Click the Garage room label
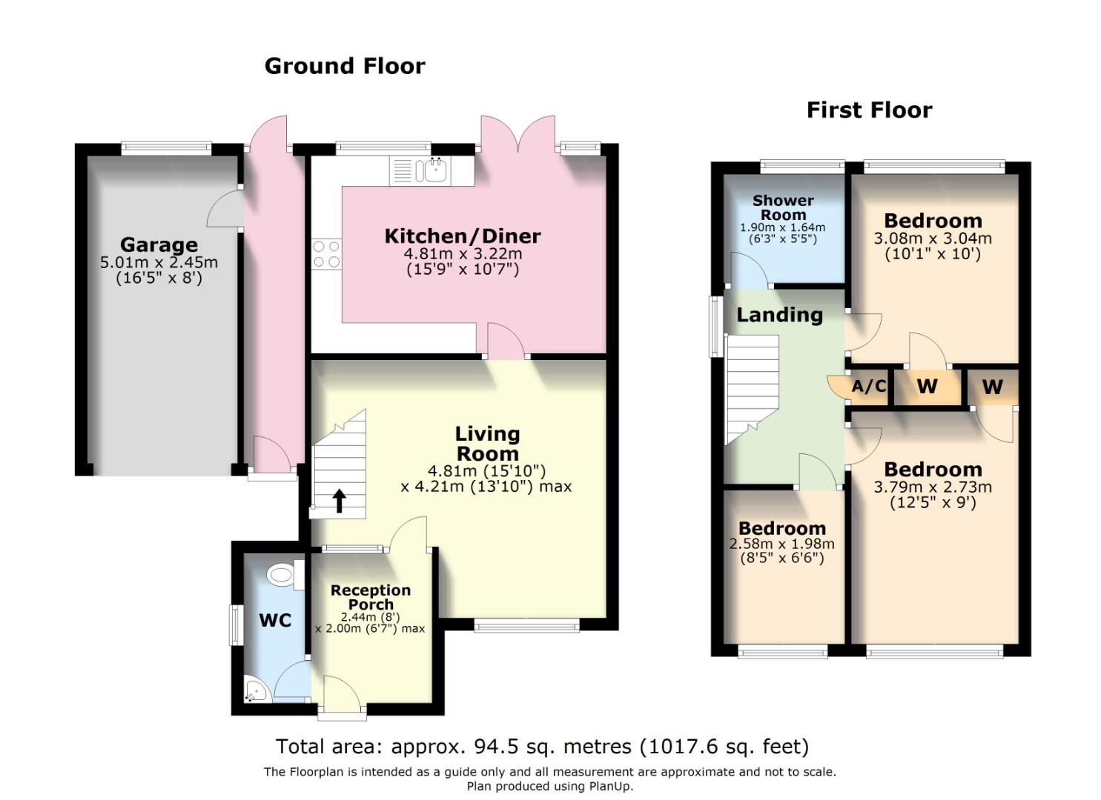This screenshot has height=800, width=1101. [159, 245]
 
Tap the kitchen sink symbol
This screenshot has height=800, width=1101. [432, 170]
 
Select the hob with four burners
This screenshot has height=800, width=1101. [326, 254]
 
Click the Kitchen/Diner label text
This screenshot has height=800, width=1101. [463, 236]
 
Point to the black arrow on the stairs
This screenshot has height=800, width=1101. [339, 501]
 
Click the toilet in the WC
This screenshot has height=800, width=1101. [282, 574]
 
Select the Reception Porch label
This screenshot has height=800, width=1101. [371, 597]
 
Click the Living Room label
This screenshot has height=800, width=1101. [487, 444]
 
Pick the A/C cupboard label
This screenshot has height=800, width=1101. [869, 386]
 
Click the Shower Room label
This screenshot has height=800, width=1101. [783, 207]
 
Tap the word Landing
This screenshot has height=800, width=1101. [779, 316]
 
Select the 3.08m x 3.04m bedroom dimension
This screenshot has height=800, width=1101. [933, 239]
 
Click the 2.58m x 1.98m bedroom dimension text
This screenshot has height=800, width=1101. [782, 544]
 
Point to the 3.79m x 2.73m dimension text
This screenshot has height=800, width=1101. [933, 487]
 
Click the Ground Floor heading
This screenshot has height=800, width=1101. [345, 67]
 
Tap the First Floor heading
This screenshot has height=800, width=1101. [869, 110]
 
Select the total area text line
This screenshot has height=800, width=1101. [542, 746]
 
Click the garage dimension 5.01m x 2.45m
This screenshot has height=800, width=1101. [159, 263]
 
